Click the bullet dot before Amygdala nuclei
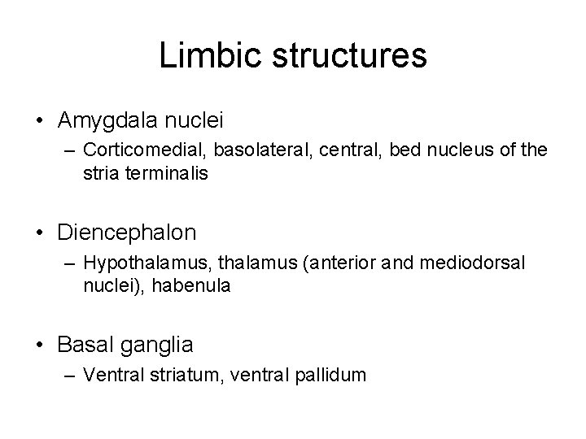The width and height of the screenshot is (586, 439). [x=40, y=121]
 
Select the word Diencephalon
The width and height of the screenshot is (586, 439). [x=127, y=233]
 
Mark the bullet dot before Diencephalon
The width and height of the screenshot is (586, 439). [x=40, y=233]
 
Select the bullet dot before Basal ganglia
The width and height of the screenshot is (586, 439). [x=40, y=345]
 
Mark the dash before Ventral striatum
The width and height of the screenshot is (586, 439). [x=67, y=375]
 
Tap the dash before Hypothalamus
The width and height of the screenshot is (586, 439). [x=67, y=263]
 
